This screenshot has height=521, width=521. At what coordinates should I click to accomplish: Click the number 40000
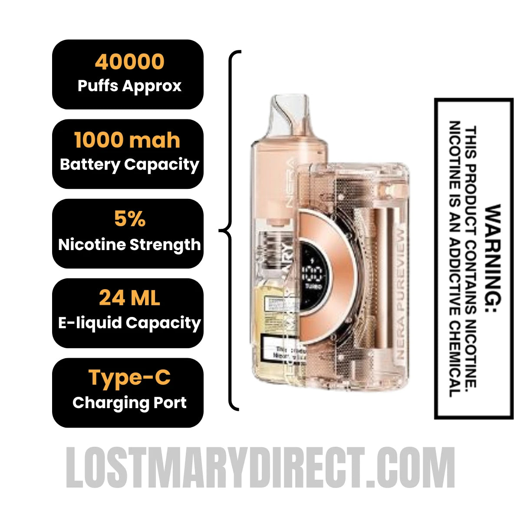coord(129,62)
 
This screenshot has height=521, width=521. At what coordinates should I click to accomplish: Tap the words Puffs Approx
coord(129,86)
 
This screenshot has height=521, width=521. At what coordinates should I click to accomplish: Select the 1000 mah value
coord(127,140)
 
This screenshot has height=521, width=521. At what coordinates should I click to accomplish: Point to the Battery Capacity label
coord(129,164)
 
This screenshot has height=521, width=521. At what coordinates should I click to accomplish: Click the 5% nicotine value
coord(129,219)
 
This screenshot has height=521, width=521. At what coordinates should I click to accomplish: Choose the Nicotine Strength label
coord(129,244)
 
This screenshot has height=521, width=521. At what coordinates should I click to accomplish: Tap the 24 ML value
coord(129,298)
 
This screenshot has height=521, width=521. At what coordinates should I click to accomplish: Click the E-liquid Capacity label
coord(129,323)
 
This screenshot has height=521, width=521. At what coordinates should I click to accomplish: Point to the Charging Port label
coord(129,402)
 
